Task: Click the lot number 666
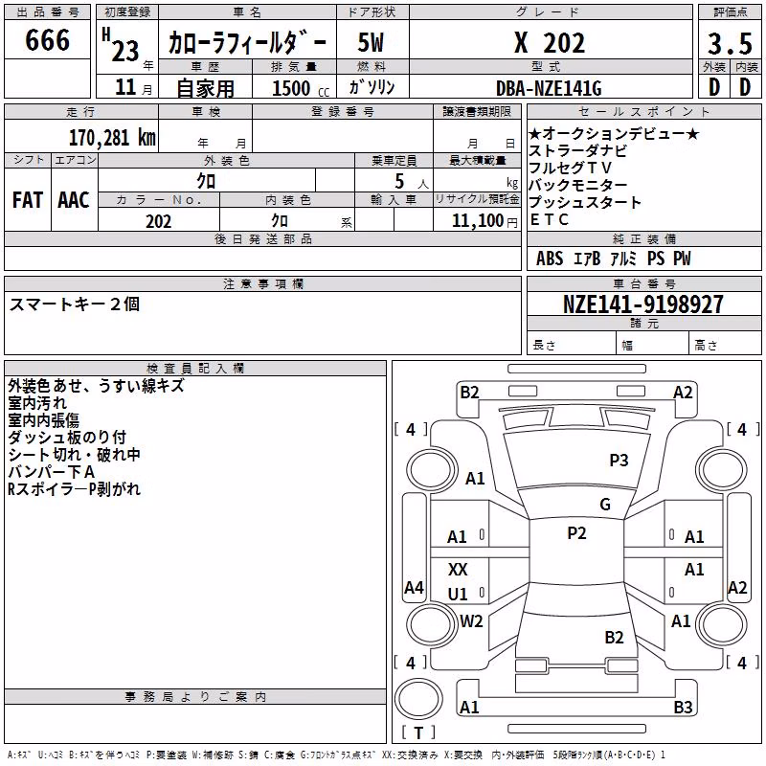47,39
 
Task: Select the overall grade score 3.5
730,43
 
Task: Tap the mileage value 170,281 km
112,138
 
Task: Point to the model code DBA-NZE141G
549,88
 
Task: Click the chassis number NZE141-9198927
642,304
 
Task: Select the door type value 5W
371,42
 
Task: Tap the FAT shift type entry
28,200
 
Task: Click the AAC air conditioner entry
74,200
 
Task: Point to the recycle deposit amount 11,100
477,221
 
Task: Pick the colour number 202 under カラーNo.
158,221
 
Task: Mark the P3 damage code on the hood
619,460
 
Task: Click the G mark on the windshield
605,504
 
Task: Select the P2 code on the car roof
576,533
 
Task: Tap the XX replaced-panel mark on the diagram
458,569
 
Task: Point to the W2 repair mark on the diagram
471,620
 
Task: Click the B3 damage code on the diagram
683,707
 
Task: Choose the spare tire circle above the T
418,699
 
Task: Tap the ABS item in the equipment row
550,259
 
